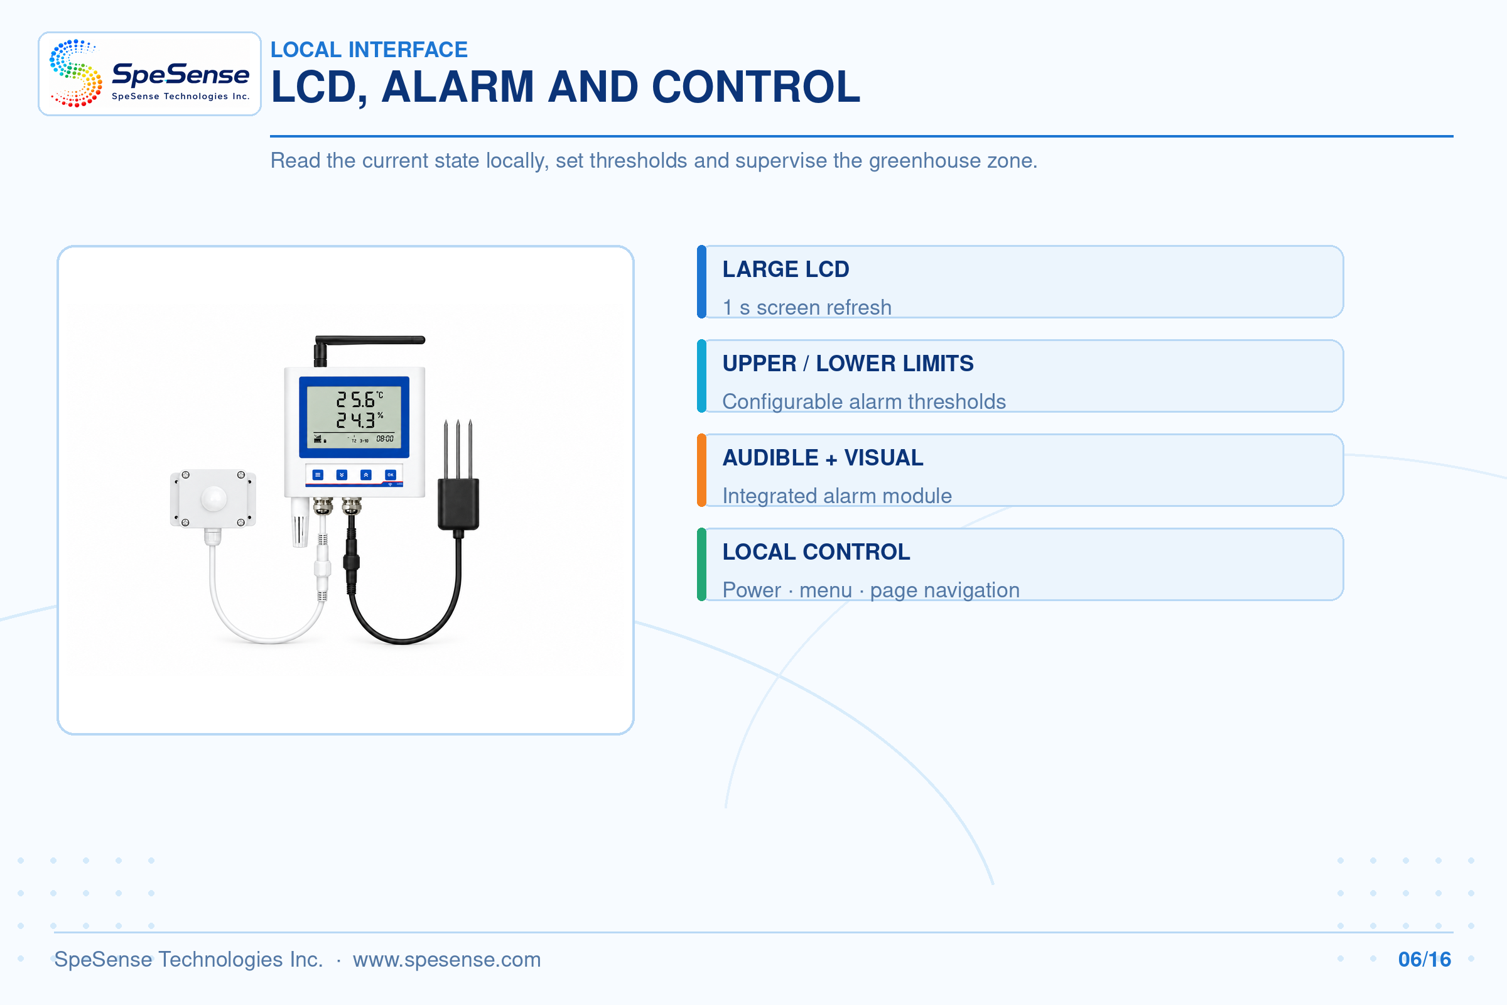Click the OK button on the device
tap(390, 475)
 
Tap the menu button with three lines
tap(318, 475)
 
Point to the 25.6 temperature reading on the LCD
tap(355, 400)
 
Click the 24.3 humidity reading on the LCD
tap(355, 420)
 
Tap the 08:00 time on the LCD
tap(384, 439)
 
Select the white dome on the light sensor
tap(213, 498)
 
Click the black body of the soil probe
tap(458, 504)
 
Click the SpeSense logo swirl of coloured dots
tap(75, 73)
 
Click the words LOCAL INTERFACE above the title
tap(369, 50)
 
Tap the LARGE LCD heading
tap(786, 269)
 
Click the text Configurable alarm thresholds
tap(864, 401)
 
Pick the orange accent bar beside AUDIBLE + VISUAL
tap(701, 470)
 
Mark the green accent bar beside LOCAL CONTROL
tap(701, 565)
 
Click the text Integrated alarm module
tap(837, 496)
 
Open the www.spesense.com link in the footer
tap(446, 960)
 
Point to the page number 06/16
tap(1424, 960)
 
